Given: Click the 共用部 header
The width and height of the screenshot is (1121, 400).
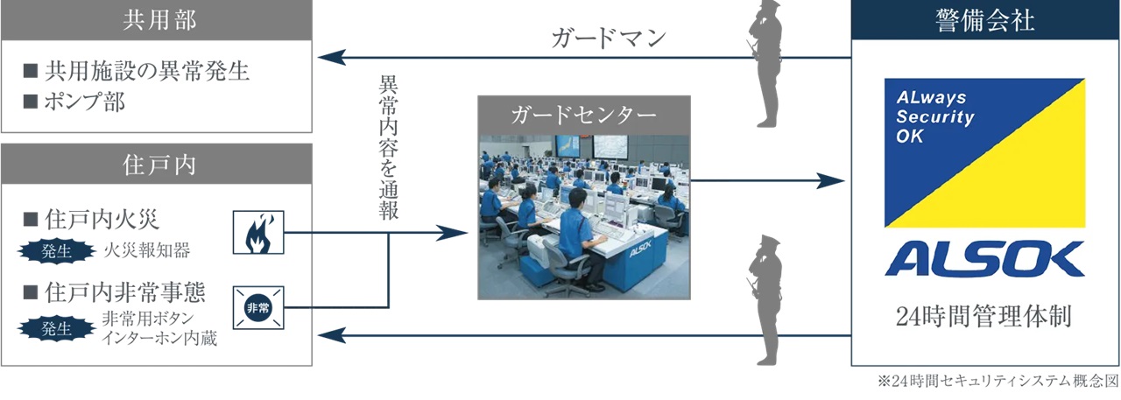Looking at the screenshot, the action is click(157, 20).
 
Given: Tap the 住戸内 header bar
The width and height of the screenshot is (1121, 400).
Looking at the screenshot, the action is click(157, 164).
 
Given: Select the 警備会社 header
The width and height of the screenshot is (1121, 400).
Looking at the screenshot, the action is click(985, 20).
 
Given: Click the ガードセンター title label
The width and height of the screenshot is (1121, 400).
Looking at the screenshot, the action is click(583, 116).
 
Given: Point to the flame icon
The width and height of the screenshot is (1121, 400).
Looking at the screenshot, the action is click(258, 233).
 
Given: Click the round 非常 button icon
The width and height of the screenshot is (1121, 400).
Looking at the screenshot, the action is click(258, 307).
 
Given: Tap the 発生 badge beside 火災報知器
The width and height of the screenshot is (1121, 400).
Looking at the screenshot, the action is click(57, 250).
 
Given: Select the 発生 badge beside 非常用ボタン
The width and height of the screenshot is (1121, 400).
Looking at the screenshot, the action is click(57, 328).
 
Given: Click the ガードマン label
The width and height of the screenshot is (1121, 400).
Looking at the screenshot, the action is click(609, 38).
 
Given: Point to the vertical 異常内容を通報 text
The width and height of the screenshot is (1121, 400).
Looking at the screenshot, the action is click(388, 148).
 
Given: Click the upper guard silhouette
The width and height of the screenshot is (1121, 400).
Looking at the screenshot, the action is click(765, 64).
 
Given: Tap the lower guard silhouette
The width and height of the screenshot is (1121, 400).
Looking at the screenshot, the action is click(765, 300).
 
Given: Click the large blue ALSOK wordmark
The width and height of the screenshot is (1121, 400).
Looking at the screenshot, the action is click(985, 258).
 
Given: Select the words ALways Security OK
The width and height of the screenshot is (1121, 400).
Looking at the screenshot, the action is click(934, 116).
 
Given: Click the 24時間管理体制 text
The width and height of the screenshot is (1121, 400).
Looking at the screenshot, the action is click(984, 316).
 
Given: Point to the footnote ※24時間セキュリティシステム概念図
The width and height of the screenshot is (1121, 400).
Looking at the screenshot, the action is click(998, 382).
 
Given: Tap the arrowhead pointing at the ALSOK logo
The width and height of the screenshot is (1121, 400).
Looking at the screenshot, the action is click(831, 180).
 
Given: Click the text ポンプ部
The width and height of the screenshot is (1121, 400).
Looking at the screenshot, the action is click(85, 102).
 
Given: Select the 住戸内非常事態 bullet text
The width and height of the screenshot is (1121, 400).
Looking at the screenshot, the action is click(125, 292).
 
